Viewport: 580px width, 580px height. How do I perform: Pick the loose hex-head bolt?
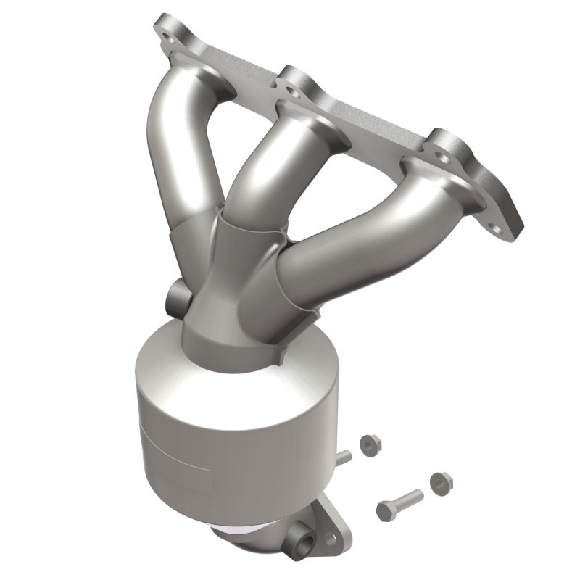(399, 502)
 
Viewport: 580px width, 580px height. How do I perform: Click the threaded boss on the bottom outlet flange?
(299, 539)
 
